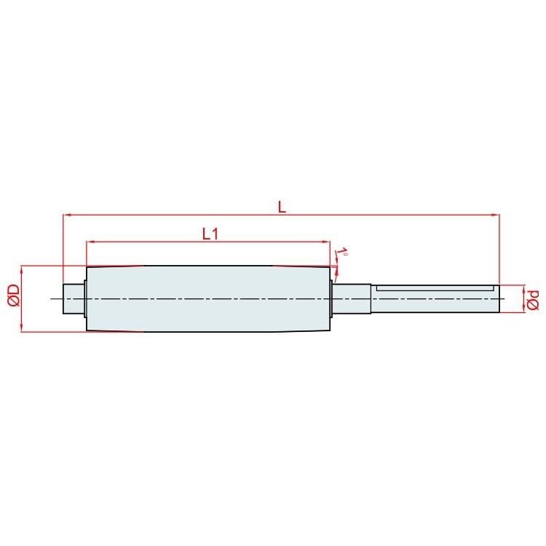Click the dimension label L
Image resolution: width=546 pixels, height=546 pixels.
coord(282,207)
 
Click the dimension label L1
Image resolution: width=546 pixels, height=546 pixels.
coord(210,234)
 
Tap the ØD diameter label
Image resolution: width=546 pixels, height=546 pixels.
coord(14,296)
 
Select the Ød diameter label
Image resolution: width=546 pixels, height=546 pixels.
coord(533,299)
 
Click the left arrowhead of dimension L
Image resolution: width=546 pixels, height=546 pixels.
coord(66,215)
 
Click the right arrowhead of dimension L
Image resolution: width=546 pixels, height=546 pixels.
coord(495,215)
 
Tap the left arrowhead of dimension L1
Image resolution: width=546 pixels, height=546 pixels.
coord(90,241)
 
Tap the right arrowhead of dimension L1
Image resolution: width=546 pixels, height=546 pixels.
coord(326,241)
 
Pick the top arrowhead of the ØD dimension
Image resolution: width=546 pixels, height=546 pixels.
coord(22,269)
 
